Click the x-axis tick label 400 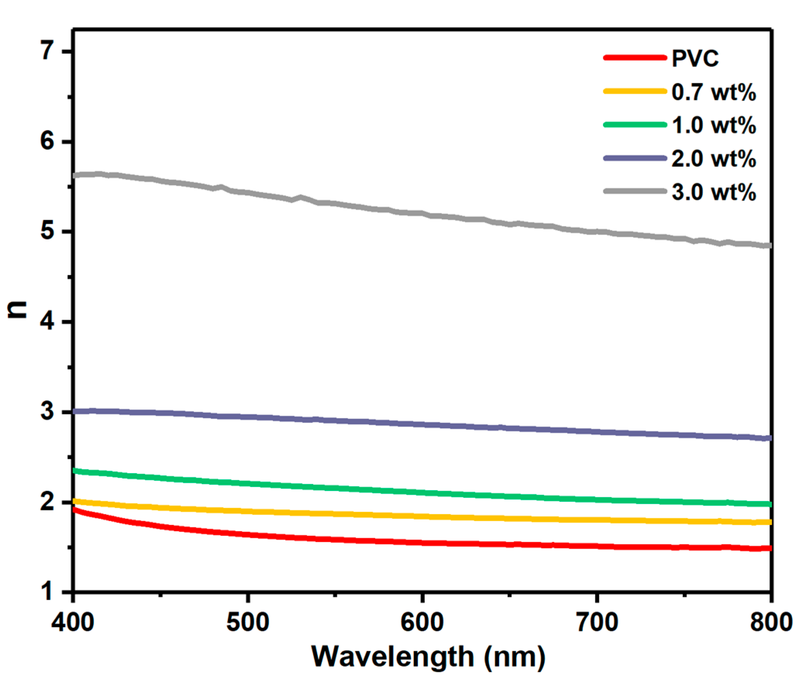tap(73, 622)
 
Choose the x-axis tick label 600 tap(422, 622)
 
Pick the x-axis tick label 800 tap(771, 622)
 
